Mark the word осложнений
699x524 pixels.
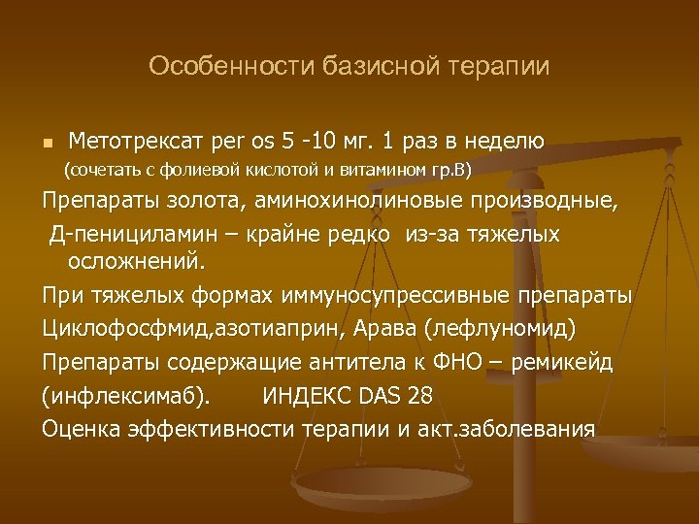pos(137,261)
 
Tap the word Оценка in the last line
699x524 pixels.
pos(82,428)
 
